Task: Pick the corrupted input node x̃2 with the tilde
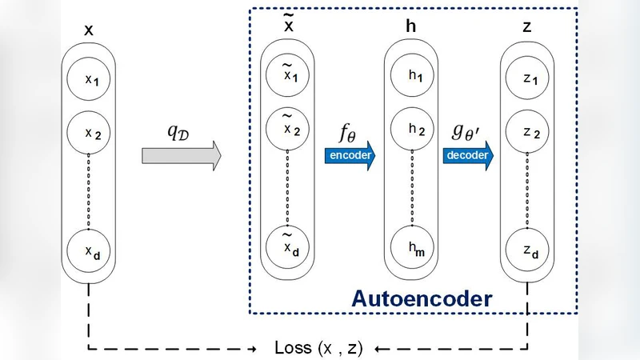pyautogui.click(x=287, y=128)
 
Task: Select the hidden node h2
pyautogui.click(x=411, y=128)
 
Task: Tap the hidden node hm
pyautogui.click(x=411, y=250)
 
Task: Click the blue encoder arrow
pyautogui.click(x=350, y=155)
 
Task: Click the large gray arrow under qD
pyautogui.click(x=180, y=156)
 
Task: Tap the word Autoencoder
pyautogui.click(x=421, y=299)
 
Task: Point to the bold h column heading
pyautogui.click(x=411, y=26)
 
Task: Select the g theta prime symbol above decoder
pyautogui.click(x=466, y=130)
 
